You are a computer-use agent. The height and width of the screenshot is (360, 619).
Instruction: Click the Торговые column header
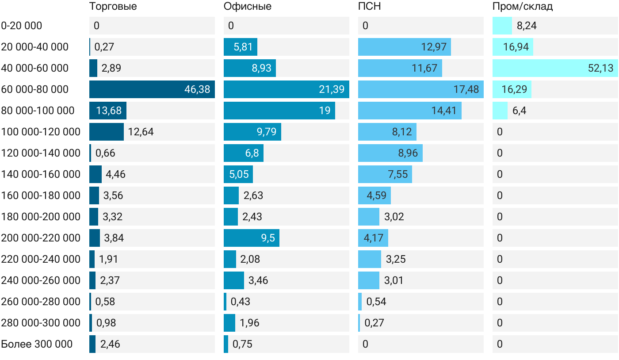coord(113,6)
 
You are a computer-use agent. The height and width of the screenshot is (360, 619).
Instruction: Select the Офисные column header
coord(247,6)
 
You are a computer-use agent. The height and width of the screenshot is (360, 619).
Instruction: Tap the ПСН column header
coord(370,6)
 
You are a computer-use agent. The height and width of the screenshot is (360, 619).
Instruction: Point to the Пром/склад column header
coord(523,6)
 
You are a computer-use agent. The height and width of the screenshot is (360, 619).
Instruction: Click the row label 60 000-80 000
coord(35,89)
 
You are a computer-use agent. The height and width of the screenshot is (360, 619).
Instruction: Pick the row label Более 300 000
coord(37,344)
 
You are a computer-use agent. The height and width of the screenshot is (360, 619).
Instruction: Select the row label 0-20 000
coord(22,26)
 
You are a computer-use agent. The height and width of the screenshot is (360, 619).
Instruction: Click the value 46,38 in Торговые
coord(197,89)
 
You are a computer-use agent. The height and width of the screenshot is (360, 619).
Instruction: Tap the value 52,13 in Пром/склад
coord(600,68)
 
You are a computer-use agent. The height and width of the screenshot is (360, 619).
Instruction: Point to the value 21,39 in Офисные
coord(332,89)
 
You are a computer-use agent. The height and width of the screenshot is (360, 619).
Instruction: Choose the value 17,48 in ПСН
coord(466,89)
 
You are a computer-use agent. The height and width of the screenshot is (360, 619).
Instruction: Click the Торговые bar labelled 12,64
coord(107,132)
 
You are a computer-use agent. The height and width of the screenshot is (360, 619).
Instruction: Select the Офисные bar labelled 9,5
coord(252,238)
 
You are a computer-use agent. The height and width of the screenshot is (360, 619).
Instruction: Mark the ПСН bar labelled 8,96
coord(390,153)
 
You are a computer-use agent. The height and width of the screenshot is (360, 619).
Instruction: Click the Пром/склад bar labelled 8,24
coord(502,26)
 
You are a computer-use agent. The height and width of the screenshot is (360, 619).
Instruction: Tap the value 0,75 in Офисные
coord(242,344)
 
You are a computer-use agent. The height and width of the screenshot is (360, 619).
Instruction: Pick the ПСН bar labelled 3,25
coord(370,259)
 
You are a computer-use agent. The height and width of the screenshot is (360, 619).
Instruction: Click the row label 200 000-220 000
coord(41,238)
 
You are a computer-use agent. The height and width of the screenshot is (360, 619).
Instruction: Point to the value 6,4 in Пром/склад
coord(519,111)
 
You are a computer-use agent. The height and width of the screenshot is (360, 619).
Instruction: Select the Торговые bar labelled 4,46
coord(96,174)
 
